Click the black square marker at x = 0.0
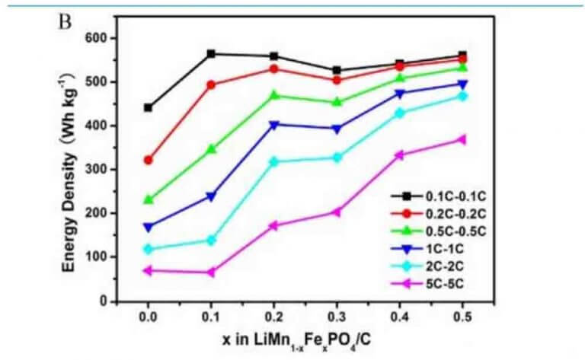coord(148,108)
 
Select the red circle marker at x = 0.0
coord(148,160)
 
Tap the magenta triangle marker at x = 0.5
coord(462,139)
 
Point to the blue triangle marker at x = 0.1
coord(211,196)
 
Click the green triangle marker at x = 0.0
coord(148,199)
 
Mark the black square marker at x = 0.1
coord(211,54)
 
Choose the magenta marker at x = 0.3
coord(336,212)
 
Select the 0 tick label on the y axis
coord(107,301)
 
